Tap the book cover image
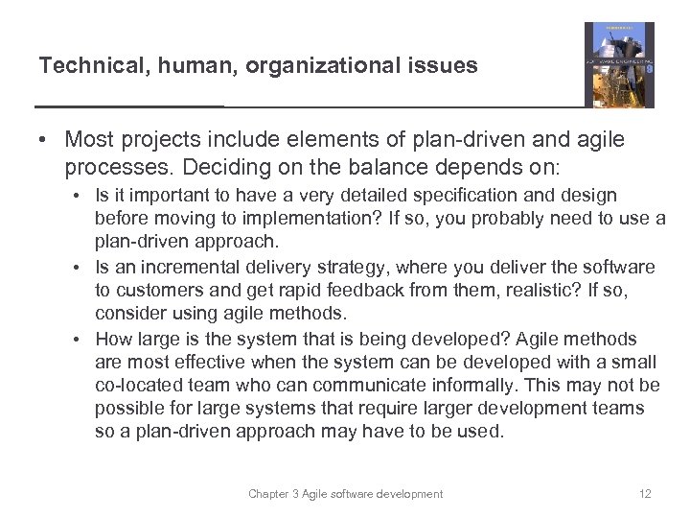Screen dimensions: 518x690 click(x=619, y=65)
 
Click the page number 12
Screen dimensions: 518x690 click(x=645, y=494)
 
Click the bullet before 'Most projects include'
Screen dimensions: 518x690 click(x=43, y=140)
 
